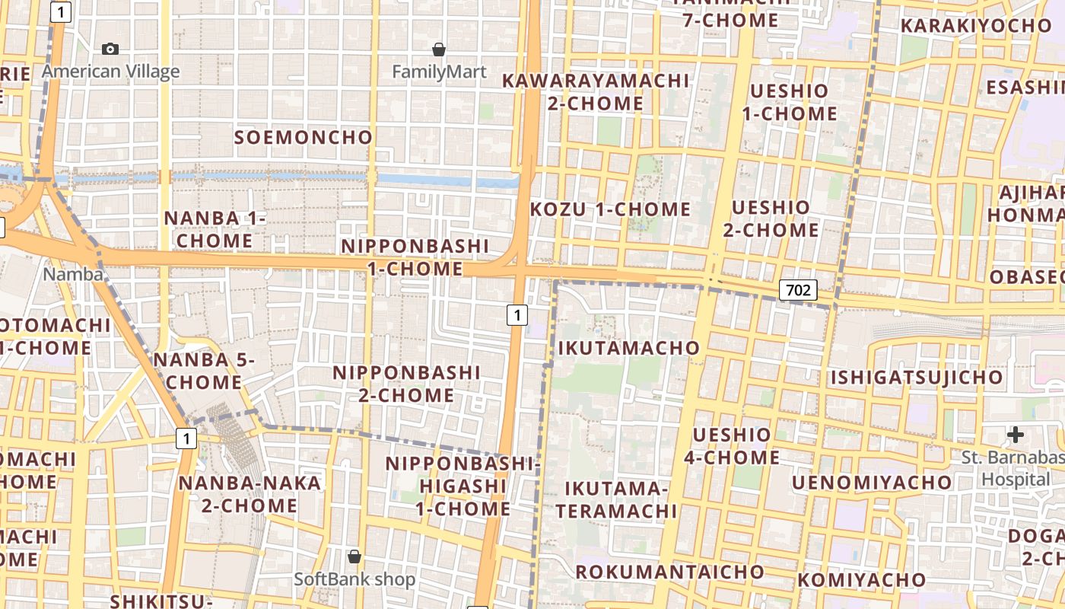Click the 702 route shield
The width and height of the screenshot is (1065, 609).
(797, 289)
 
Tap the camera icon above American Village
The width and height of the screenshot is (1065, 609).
(110, 49)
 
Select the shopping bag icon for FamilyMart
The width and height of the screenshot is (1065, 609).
(439, 49)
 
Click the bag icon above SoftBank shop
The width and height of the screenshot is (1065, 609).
(354, 556)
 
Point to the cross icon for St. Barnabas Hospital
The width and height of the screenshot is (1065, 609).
(1015, 435)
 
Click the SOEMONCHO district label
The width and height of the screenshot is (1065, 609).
(304, 137)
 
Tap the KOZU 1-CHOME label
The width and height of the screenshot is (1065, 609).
(610, 209)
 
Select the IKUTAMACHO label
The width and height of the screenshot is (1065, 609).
(628, 348)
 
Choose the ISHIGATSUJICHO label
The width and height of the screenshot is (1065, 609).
(917, 378)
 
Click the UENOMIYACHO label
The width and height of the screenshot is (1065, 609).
(872, 483)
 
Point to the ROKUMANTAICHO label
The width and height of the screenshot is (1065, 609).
(669, 572)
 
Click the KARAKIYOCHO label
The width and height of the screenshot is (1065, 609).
(976, 26)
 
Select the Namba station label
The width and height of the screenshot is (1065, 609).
(73, 274)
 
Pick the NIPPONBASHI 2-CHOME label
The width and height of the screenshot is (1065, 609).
(407, 384)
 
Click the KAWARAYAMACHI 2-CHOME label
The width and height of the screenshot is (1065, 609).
(596, 91)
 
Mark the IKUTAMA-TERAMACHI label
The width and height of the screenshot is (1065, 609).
(616, 499)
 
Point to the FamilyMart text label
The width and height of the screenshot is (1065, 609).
(439, 72)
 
